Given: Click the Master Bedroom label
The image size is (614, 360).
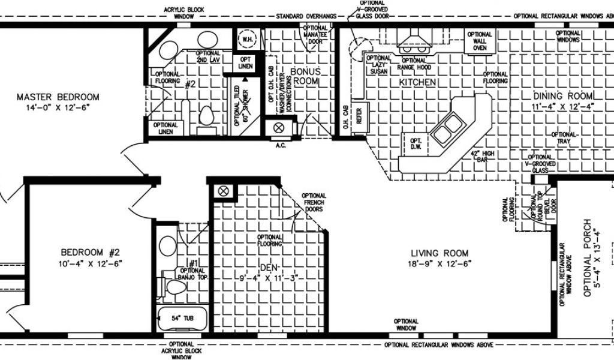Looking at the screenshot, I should [58, 97].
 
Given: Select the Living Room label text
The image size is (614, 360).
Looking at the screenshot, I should [440, 253].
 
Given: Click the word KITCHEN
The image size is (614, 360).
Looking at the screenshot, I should [417, 82].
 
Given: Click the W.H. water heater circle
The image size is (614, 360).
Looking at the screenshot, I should [247, 40].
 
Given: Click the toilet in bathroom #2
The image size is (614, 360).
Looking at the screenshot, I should [206, 115].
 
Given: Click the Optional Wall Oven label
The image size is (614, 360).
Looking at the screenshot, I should [479, 41].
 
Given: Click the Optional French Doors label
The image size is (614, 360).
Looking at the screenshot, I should [314, 203].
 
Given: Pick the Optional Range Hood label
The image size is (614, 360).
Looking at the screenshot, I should [414, 61].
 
